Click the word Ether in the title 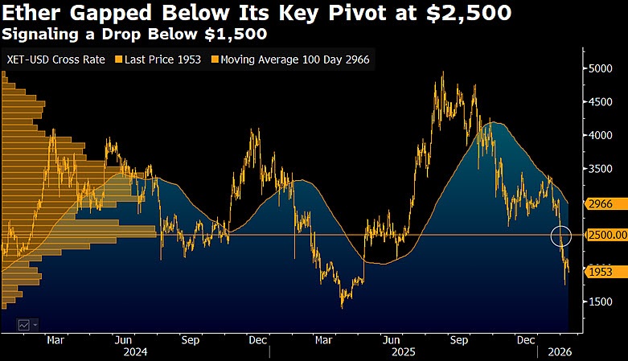tap(30, 14)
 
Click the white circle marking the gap tap(561, 236)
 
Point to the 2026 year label tap(561, 352)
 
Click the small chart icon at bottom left tap(24, 325)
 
